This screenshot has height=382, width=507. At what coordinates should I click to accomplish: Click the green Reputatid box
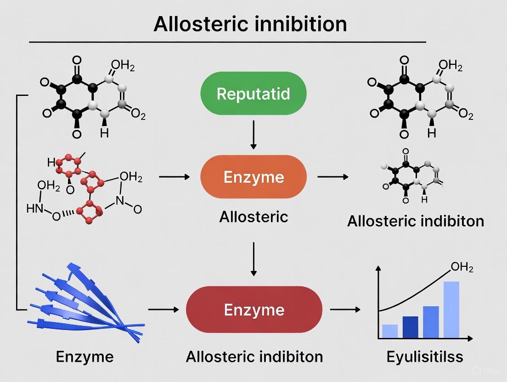253,94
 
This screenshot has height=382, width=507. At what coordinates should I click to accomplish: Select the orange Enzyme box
253,177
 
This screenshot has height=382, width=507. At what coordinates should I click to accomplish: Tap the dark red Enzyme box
253,309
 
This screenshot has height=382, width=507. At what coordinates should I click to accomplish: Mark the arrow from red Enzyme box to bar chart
345,309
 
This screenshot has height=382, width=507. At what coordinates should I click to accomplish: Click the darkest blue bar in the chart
411,327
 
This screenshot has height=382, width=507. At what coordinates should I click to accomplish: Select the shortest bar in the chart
390,331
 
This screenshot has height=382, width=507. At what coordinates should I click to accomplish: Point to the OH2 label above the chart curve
462,267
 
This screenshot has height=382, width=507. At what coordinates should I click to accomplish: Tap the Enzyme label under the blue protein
84,357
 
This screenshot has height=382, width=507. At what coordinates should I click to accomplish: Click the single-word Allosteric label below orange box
253,217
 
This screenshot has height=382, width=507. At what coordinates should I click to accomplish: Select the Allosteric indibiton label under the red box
254,357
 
